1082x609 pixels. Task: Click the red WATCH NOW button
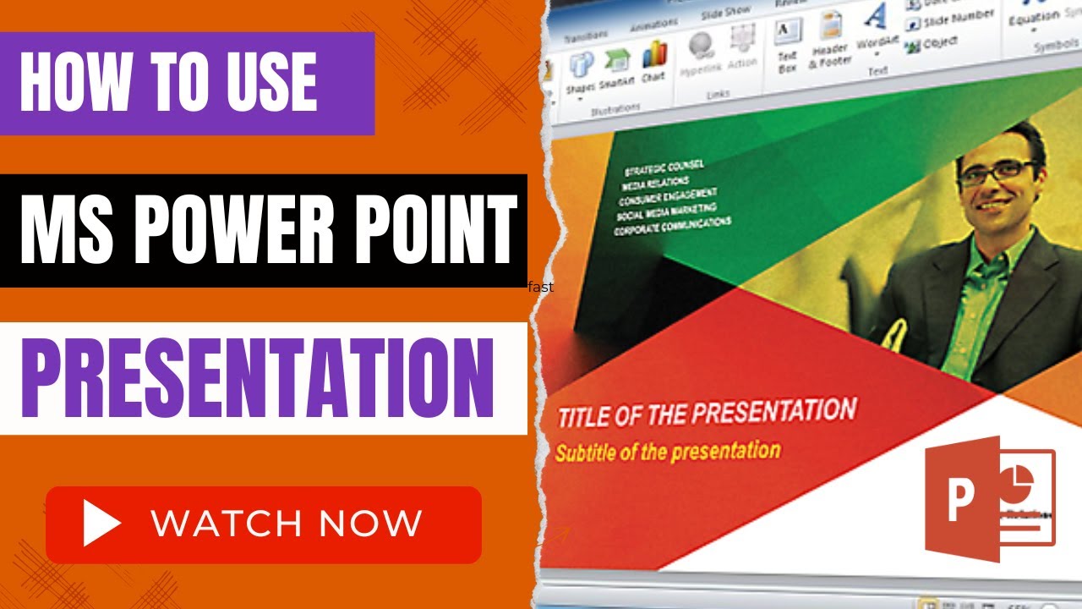(x=263, y=524)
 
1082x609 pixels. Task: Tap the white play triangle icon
(x=101, y=524)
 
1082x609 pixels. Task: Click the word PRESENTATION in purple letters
(x=257, y=378)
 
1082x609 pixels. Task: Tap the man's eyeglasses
(x=998, y=173)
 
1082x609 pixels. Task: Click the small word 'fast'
(x=541, y=288)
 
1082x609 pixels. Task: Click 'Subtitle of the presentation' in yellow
(x=667, y=451)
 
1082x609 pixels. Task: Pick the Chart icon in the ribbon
(x=653, y=62)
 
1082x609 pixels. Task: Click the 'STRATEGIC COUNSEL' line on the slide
(x=663, y=167)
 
